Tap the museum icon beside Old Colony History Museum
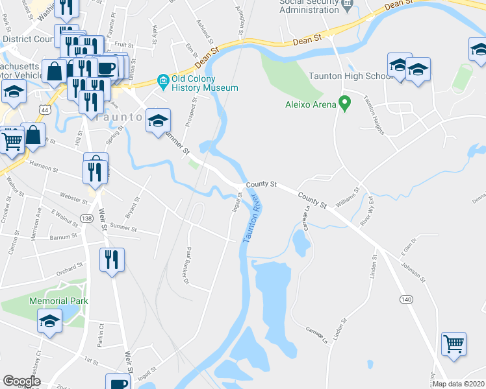pos(162,81)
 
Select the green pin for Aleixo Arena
pos(345,103)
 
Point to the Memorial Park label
pos(58,301)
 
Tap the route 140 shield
pos(406,299)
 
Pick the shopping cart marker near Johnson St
pos(454,343)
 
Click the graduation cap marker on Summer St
pos(158,121)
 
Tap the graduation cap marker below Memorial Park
pos(49,322)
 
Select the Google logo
pos(21,381)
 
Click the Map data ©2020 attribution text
pos(459,384)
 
